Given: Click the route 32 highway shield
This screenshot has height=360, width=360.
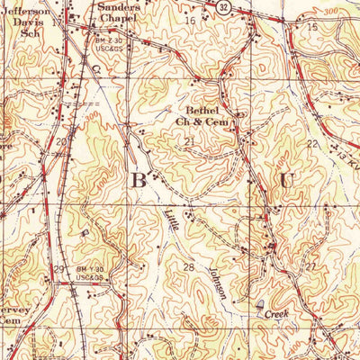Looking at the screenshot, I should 221,5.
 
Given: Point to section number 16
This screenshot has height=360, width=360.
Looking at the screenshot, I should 189,20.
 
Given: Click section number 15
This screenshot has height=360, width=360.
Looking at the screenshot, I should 311,27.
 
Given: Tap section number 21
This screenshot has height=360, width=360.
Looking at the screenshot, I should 188,142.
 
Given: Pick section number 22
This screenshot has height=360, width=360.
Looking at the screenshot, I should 311,144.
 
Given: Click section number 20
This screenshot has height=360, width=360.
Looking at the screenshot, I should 60,142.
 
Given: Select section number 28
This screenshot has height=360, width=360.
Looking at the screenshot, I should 189,267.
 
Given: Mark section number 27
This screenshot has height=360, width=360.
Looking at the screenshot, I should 310,267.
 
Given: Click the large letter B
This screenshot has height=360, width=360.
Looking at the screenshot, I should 139,180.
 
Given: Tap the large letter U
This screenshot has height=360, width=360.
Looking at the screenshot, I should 287,180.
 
